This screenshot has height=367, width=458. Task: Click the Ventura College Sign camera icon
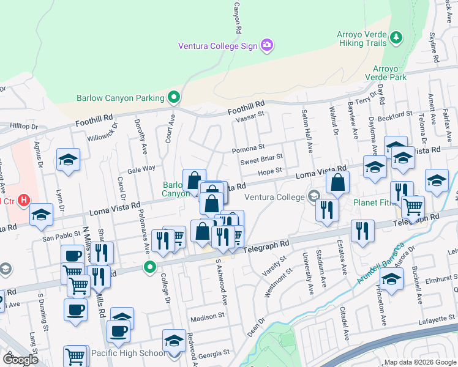(266, 45)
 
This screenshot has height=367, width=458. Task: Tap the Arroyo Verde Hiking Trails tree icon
(396, 38)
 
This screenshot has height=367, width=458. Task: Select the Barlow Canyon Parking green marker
(174, 97)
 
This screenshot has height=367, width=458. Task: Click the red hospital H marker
(24, 200)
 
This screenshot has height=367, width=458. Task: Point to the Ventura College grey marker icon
(314, 197)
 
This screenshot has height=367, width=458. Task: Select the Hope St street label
(269, 171)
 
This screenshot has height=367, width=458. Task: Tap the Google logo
(20, 358)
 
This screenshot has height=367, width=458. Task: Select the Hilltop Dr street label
(24, 125)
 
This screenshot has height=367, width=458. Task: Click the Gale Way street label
(141, 169)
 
